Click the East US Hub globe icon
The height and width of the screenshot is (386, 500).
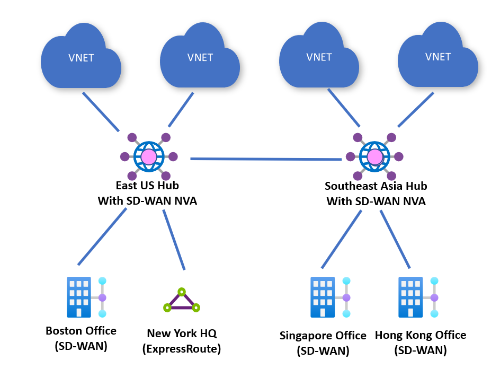click(x=149, y=156)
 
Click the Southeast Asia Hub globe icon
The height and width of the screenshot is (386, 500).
click(x=374, y=157)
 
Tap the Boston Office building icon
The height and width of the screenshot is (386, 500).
click(x=79, y=297)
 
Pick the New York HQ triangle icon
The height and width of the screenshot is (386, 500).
click(x=181, y=302)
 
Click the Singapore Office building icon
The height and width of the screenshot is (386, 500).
click(x=322, y=297)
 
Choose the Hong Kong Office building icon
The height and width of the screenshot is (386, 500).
click(x=410, y=297)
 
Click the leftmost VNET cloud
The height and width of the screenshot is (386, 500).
click(x=81, y=60)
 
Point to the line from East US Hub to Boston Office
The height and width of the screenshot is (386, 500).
click(x=102, y=236)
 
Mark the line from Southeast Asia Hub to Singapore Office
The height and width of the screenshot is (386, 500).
click(x=342, y=239)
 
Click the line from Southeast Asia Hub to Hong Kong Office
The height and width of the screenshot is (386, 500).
click(x=395, y=239)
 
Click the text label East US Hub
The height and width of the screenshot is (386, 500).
click(x=147, y=186)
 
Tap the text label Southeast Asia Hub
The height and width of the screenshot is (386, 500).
click(x=376, y=186)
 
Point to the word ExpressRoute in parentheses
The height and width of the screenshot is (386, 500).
click(x=182, y=349)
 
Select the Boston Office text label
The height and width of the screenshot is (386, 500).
click(x=81, y=331)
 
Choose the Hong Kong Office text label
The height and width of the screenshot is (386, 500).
click(x=421, y=335)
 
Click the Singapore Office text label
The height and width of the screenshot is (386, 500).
click(x=323, y=336)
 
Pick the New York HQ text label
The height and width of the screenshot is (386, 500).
click(x=182, y=334)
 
